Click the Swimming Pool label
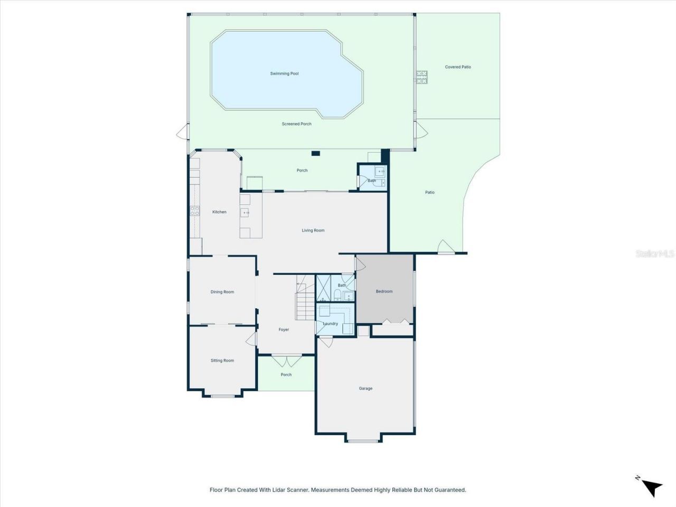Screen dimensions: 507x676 (284, 74)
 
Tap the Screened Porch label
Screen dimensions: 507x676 (296, 124)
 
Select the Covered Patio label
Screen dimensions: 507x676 (457, 67)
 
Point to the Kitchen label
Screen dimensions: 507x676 (219, 212)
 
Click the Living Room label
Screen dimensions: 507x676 (313, 230)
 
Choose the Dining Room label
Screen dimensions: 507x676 (222, 292)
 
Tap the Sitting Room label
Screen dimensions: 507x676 (222, 361)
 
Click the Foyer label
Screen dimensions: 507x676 (284, 330)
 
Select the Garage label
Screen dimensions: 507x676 (365, 388)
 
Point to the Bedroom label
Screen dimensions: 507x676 (384, 292)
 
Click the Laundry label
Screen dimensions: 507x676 (330, 324)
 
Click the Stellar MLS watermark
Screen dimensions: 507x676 (654, 254)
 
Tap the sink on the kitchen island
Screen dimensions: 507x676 (246, 212)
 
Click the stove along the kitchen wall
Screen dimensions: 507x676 (195, 211)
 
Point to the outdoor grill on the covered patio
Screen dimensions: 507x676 (422, 77)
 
